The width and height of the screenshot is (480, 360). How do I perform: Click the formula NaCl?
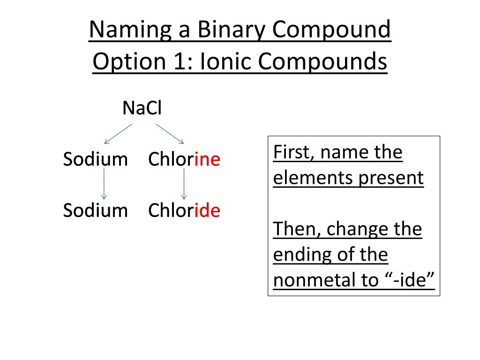142,109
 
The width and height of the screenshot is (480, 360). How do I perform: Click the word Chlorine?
184,159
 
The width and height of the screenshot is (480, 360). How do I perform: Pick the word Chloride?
184,210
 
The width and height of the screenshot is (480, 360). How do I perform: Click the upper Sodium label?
95,159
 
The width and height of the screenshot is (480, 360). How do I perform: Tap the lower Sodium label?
95,210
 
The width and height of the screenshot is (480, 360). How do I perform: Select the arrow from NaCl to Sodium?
118,134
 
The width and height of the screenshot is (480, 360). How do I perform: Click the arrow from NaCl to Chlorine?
170,134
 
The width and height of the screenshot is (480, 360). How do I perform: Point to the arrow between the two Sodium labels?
104,184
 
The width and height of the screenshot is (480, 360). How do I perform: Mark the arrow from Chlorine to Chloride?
184,184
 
